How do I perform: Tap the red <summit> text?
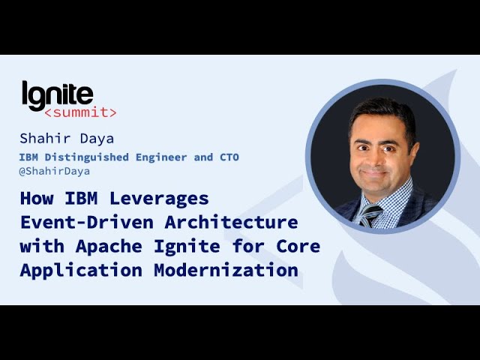click(x=80, y=112)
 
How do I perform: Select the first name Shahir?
click(x=45, y=138)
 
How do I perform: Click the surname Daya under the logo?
click(x=97, y=139)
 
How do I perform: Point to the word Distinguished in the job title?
click(x=87, y=157)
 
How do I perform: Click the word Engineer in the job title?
click(x=161, y=157)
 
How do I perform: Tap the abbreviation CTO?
click(x=229, y=157)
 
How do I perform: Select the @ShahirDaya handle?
click(x=55, y=171)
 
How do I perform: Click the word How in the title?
click(x=37, y=198)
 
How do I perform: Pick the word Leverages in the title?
click(x=159, y=199)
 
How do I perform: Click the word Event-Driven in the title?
click(x=87, y=222)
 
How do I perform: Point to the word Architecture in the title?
click(x=232, y=222)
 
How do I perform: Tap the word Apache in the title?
click(x=109, y=247)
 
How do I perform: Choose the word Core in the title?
click(x=298, y=247)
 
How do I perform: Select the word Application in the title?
click(x=81, y=271)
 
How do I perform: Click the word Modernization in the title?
click(x=226, y=270)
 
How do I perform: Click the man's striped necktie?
click(x=370, y=215)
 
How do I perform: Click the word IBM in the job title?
click(x=28, y=157)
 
